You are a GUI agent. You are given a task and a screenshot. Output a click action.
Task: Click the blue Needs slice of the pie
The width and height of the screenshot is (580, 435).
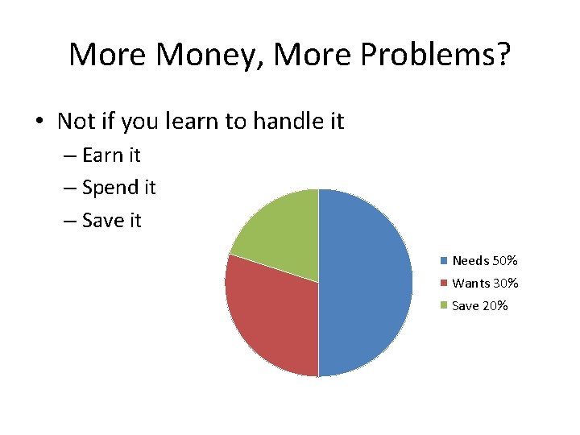[x=367, y=282]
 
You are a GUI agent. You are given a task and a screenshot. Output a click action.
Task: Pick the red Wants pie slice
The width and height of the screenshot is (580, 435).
[x=270, y=314]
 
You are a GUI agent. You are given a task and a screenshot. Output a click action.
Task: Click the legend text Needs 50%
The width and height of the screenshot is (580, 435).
[x=484, y=261]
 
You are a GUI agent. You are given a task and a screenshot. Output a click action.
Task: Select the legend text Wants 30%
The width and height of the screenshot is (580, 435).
[x=485, y=284]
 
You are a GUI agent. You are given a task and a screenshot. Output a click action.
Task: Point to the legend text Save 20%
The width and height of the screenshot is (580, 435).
[x=480, y=306]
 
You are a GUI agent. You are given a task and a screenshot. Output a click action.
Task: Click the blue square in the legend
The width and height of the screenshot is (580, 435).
[x=443, y=261]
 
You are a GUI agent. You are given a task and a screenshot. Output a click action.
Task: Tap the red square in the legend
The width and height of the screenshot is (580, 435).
[x=443, y=284]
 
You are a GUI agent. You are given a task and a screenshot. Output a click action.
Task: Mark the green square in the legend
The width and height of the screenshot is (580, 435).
[x=443, y=306]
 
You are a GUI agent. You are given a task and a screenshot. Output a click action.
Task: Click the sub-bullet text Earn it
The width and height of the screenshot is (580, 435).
[x=111, y=155]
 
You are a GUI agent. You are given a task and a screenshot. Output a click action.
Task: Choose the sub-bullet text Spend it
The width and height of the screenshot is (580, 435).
[x=119, y=188]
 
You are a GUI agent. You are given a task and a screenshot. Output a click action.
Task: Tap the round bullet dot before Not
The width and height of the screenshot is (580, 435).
[x=39, y=122]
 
